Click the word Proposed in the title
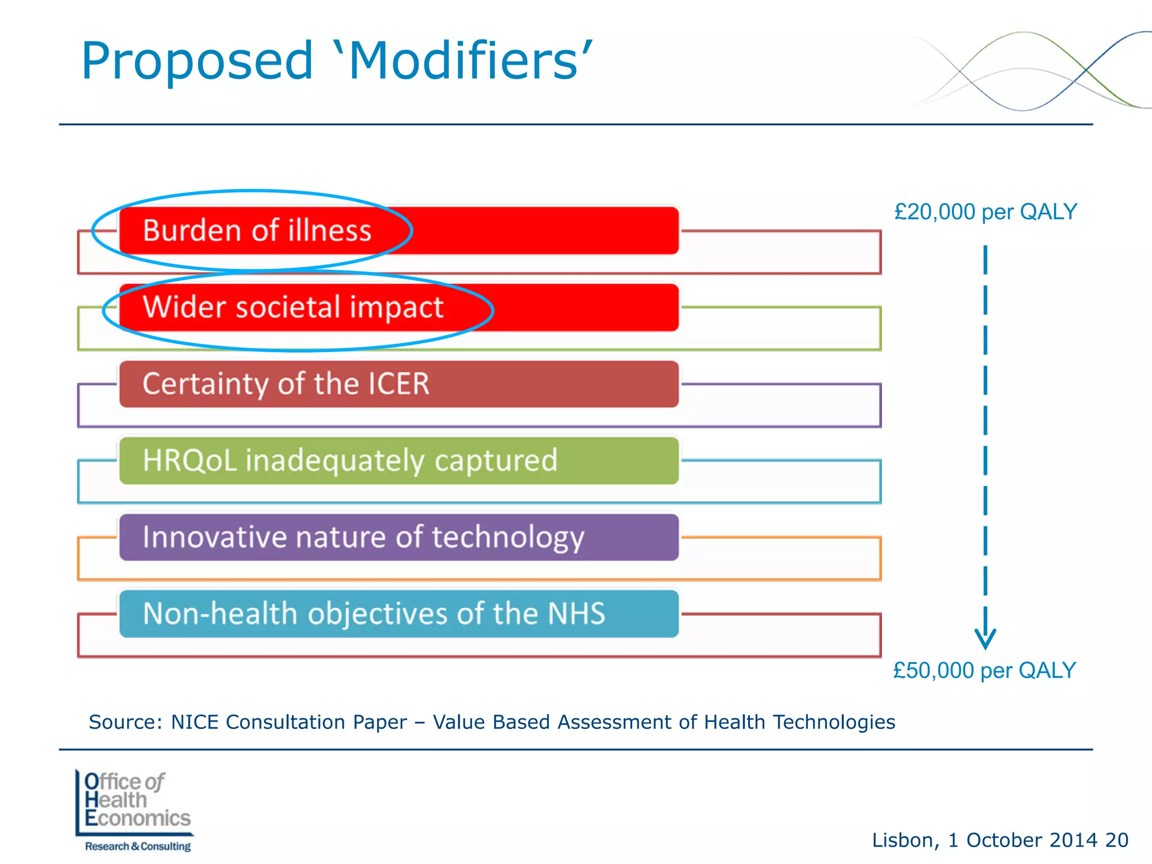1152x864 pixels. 197,62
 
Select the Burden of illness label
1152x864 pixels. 257,231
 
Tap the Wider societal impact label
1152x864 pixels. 293,307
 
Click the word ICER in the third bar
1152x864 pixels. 399,384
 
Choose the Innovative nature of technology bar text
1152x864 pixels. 363,537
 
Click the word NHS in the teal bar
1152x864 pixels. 576,613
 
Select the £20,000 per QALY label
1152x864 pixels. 985,212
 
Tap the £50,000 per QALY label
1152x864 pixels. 984,670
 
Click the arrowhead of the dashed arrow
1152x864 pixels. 985,638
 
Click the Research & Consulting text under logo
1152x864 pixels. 138,846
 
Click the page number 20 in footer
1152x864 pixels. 1117,840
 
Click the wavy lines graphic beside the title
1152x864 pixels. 1029,70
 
